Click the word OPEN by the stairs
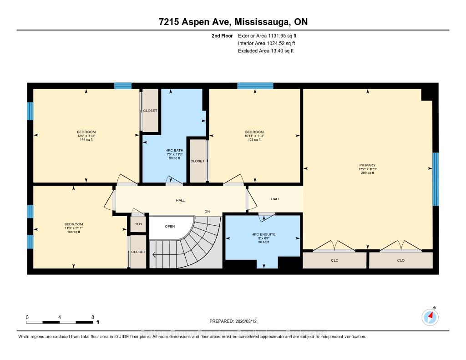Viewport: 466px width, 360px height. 170,226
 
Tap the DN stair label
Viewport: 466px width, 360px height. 207,212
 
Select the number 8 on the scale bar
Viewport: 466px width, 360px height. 93,317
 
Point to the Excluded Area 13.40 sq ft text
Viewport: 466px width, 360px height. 266,51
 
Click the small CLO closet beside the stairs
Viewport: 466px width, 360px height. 138,224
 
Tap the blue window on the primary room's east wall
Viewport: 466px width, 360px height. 436,179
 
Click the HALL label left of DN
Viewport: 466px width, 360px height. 180,200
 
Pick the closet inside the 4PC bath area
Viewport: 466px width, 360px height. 198,161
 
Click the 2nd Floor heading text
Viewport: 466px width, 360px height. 222,35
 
